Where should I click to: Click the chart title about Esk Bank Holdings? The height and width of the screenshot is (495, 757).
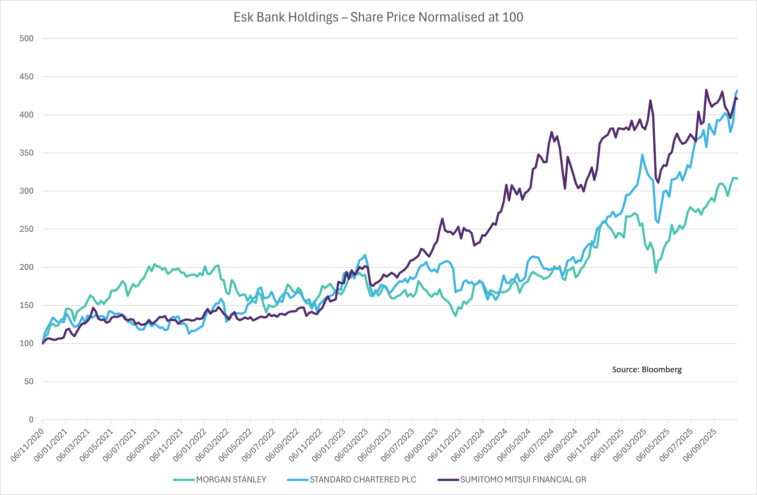(x=378, y=17)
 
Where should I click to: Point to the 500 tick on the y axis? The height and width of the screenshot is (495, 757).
(x=26, y=39)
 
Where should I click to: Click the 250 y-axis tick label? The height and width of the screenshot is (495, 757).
(x=26, y=229)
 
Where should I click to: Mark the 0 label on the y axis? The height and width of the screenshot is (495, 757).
(x=31, y=420)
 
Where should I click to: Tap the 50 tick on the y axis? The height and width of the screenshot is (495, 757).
(x=29, y=381)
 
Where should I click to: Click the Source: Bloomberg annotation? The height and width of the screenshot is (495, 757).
(x=647, y=370)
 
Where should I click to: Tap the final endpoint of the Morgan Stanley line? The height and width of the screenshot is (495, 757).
(x=737, y=179)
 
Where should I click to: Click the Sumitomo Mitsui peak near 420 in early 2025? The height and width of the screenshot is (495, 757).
(x=650, y=101)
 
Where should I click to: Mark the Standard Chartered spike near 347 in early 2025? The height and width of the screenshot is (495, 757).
(x=642, y=155)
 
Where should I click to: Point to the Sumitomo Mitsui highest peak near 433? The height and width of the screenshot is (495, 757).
(x=706, y=90)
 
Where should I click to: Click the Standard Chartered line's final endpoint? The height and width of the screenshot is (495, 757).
(x=737, y=91)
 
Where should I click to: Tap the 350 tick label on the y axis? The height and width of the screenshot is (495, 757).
(x=26, y=153)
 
